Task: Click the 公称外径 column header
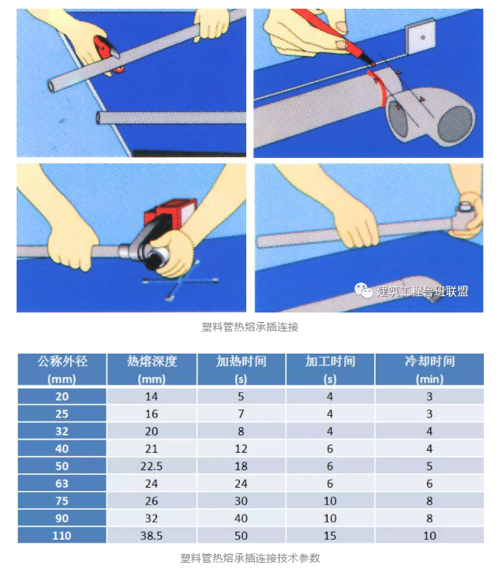click(62, 369)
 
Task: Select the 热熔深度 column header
click(152, 369)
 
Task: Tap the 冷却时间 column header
click(429, 369)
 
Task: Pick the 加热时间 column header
click(242, 369)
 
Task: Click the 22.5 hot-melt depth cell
click(152, 466)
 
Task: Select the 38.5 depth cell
click(152, 536)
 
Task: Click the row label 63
click(62, 484)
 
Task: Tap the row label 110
click(62, 536)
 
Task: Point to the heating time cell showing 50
click(242, 536)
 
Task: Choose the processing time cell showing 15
click(330, 536)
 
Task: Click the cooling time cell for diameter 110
click(429, 536)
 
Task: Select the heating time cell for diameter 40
click(242, 449)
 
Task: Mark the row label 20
click(62, 396)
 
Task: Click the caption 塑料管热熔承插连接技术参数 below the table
click(250, 557)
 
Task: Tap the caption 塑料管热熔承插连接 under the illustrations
click(250, 325)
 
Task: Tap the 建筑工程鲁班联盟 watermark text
click(422, 291)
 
